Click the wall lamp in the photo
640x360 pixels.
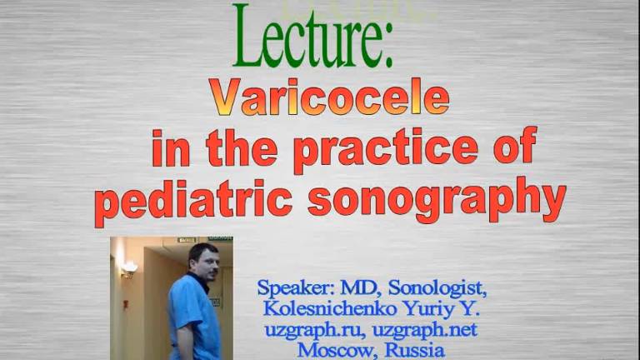click(129, 268)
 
